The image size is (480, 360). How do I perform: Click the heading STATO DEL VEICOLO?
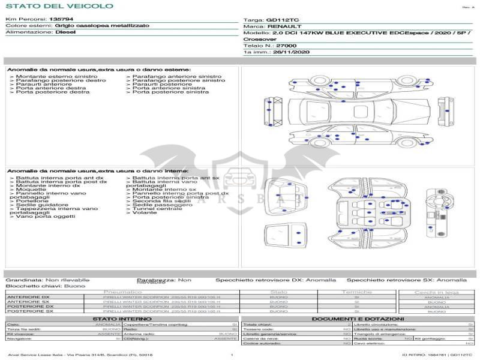pos(59,6)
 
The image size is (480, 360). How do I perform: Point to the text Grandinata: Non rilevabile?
pos(47,280)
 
